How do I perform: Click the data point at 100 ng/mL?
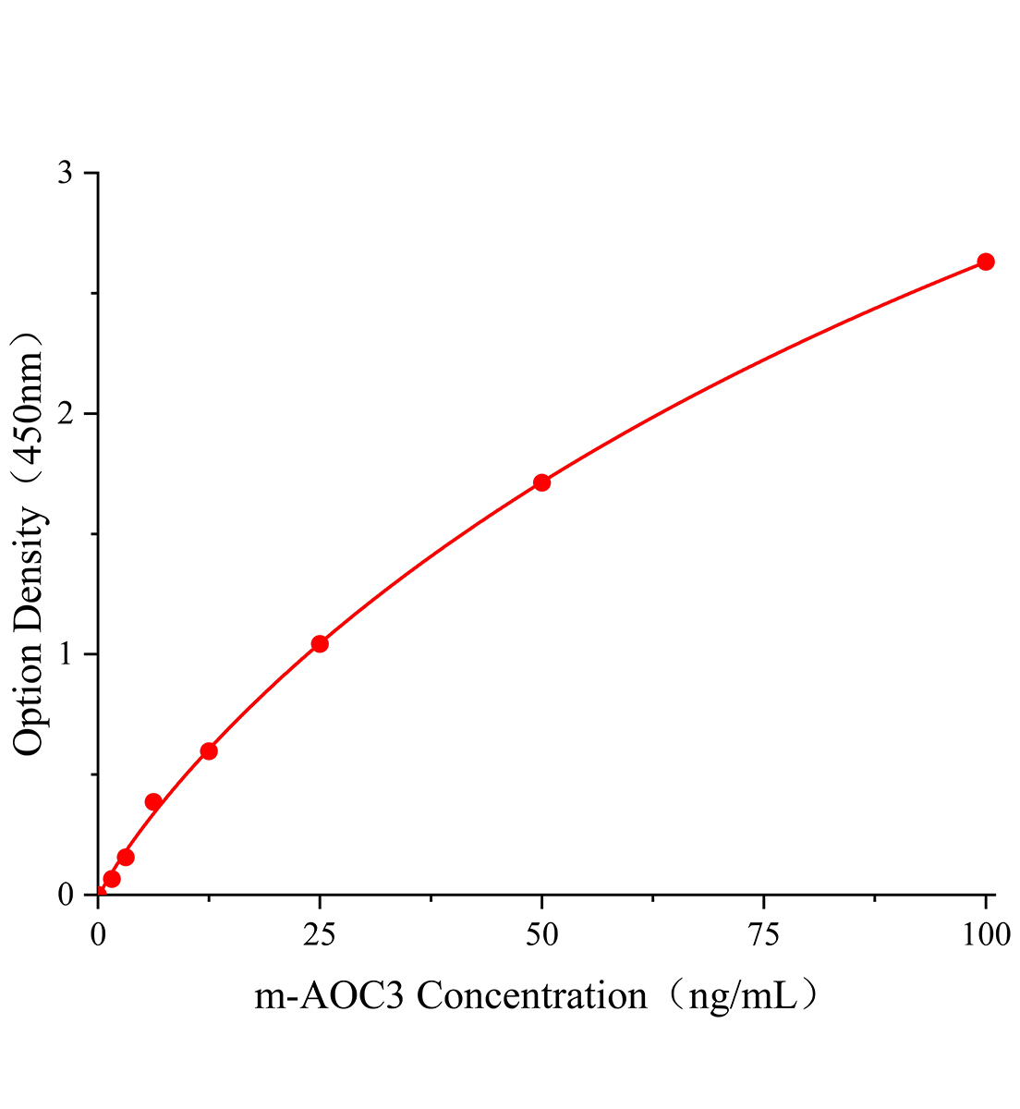pos(986,262)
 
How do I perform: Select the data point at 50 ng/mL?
pos(542,482)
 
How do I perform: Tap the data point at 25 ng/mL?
pos(320,644)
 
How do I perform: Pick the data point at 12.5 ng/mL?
pos(209,751)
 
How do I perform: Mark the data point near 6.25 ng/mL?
pos(153,801)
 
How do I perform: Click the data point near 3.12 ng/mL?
pos(126,858)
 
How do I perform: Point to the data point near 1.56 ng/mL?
pos(112,879)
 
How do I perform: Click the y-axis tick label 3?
pos(66,174)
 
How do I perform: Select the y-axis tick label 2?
pos(66,414)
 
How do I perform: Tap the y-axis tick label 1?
pos(66,654)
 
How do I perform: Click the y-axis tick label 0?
pos(66,895)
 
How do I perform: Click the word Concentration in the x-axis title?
pos(532,996)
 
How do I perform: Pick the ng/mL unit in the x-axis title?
pos(744,998)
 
